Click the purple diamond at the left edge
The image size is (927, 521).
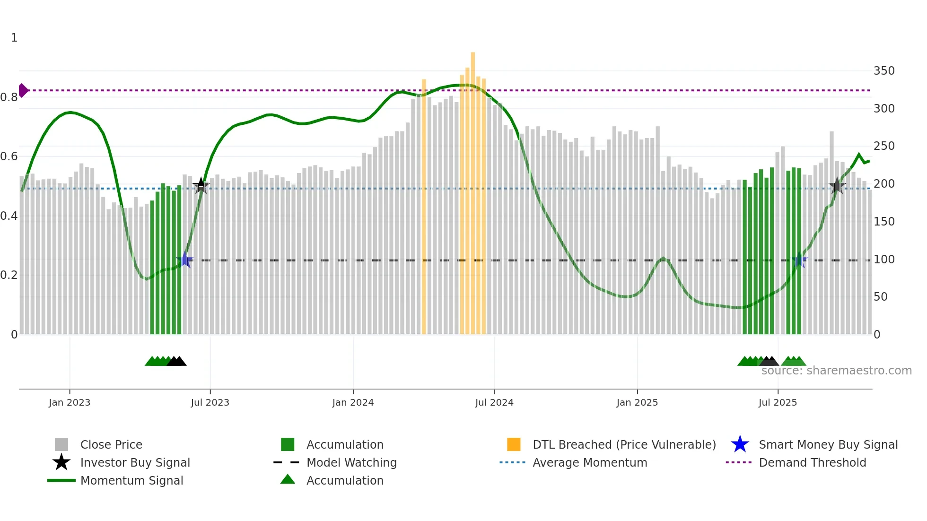click(x=23, y=90)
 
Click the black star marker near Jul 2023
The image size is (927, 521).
click(x=201, y=186)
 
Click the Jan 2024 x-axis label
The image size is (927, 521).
click(x=353, y=402)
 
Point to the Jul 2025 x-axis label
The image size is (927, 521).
click(x=778, y=402)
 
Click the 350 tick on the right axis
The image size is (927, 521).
click(x=883, y=71)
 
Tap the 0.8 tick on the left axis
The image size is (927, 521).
click(x=9, y=97)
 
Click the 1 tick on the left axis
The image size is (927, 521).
click(x=14, y=38)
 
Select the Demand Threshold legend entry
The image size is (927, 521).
click(x=812, y=462)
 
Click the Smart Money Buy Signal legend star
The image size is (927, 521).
click(x=740, y=444)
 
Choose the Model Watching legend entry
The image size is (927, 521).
click(x=351, y=462)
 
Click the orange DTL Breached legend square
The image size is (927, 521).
click(x=514, y=444)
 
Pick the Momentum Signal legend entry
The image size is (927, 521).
click(x=131, y=480)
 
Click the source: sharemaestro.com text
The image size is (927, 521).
click(x=836, y=371)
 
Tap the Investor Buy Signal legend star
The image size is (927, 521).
click(x=61, y=462)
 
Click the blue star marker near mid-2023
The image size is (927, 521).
click(x=185, y=260)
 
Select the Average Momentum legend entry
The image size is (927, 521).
click(x=589, y=462)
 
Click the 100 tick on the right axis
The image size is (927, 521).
click(x=883, y=260)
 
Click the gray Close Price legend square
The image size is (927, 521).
click(x=61, y=444)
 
